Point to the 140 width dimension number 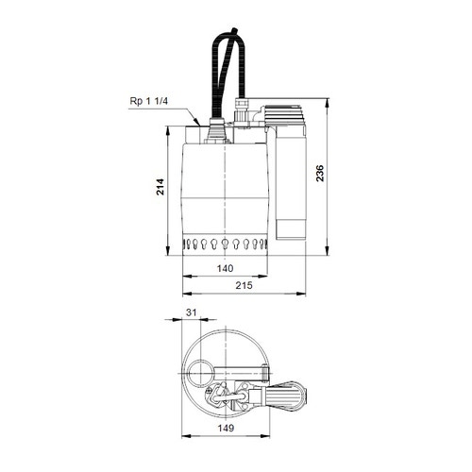pos(226,268)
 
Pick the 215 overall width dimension pos(244,283)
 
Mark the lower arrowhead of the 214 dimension pos(173,254)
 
